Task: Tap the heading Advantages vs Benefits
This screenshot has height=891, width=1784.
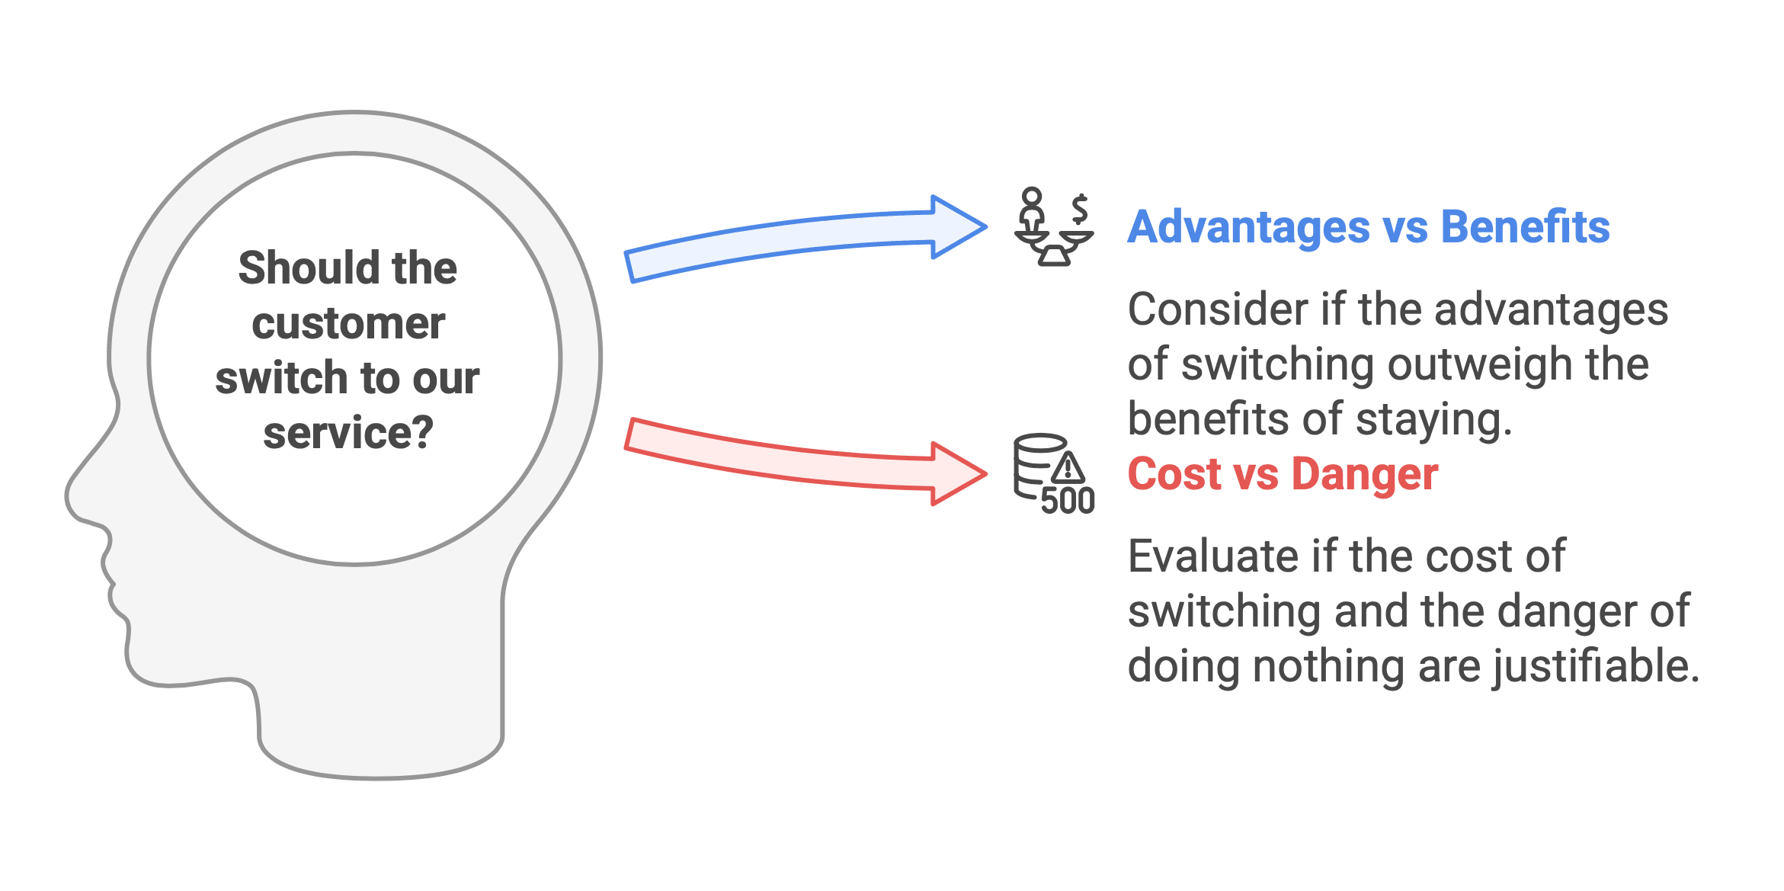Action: (x=1369, y=227)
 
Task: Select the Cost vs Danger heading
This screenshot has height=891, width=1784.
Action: (x=1283, y=474)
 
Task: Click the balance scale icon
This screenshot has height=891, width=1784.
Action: (x=1054, y=227)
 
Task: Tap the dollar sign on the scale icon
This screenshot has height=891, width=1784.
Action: (x=1079, y=208)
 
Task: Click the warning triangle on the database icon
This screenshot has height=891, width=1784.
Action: (x=1068, y=468)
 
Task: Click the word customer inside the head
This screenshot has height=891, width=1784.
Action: (x=348, y=324)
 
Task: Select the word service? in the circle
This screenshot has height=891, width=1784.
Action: (x=348, y=434)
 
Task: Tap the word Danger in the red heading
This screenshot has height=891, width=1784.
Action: (x=1365, y=474)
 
